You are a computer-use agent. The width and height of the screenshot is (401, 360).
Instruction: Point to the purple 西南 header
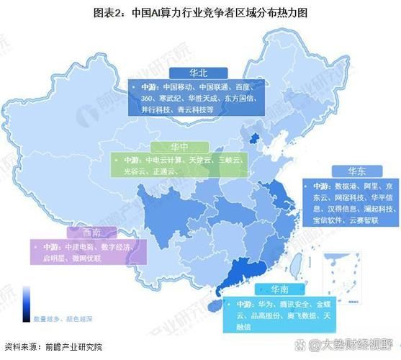click(x=81, y=232)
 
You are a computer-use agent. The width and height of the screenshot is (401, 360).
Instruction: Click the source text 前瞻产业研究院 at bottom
click(x=68, y=346)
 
